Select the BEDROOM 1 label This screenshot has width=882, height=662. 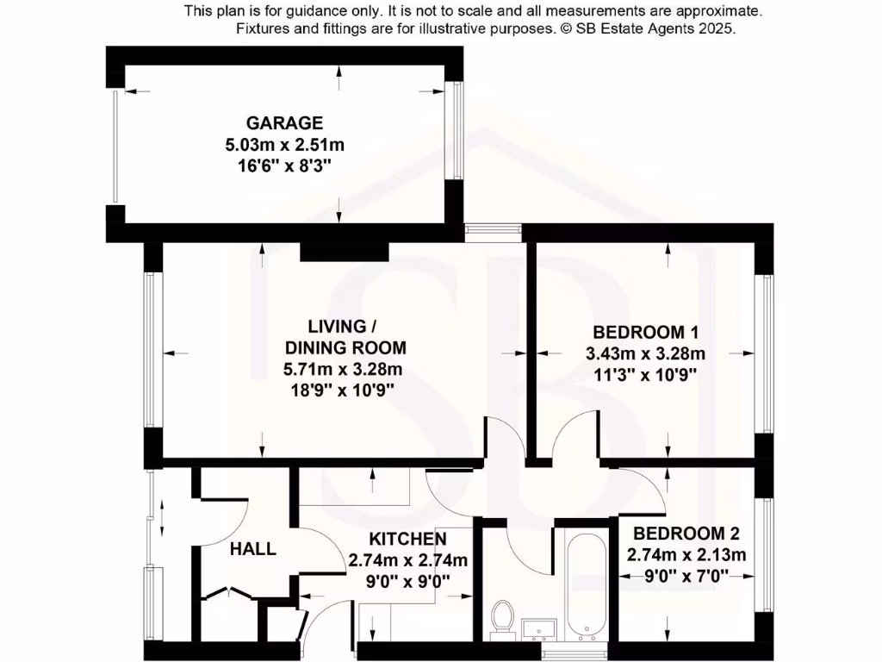tap(645, 333)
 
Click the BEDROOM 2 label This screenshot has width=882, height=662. tap(686, 534)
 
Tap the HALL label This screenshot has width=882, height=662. tap(253, 548)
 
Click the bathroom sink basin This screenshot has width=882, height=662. tap(540, 628)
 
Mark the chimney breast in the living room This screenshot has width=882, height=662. tap(344, 250)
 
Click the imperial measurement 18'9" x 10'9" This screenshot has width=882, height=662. tap(344, 389)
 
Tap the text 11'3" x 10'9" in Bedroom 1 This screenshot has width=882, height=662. tap(645, 374)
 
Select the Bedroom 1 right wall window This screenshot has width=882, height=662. tap(761, 355)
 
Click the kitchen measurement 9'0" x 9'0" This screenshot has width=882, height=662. tap(407, 581)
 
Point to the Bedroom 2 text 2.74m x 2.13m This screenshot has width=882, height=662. tap(686, 554)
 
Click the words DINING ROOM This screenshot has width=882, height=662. tap(344, 348)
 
